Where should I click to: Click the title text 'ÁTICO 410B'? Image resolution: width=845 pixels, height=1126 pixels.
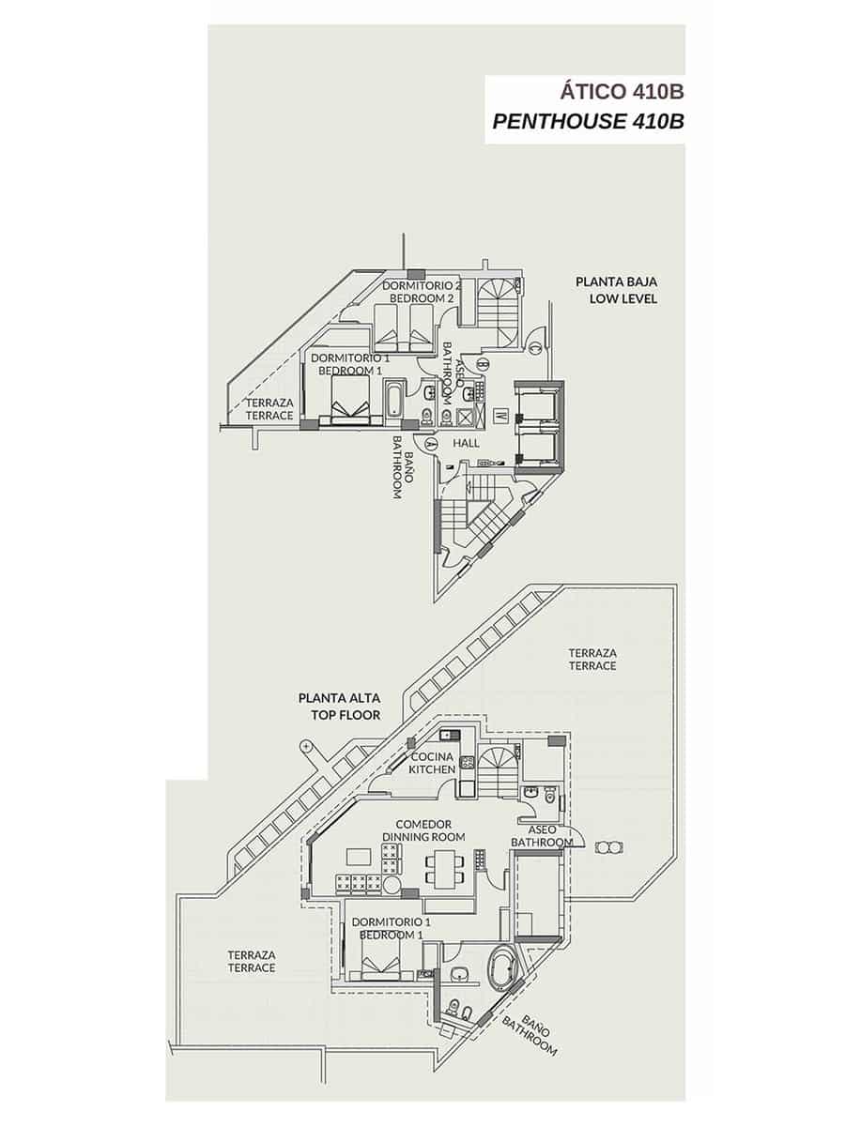[x=621, y=92]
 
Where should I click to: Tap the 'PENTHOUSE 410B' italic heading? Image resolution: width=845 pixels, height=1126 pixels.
[x=588, y=122]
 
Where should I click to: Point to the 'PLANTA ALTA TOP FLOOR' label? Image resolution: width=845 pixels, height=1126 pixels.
[x=339, y=707]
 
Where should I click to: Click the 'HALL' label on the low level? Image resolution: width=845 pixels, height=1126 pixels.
[x=465, y=443]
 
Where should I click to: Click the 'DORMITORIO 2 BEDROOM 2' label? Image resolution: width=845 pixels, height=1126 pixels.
[x=422, y=291]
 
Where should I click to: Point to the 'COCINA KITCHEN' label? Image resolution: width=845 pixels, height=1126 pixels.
[x=432, y=763]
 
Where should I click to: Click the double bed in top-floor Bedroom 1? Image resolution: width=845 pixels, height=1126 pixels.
[x=381, y=961]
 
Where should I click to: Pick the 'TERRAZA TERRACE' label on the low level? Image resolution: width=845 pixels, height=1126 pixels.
[x=269, y=408]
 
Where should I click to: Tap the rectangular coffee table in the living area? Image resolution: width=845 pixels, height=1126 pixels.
[x=359, y=856]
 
